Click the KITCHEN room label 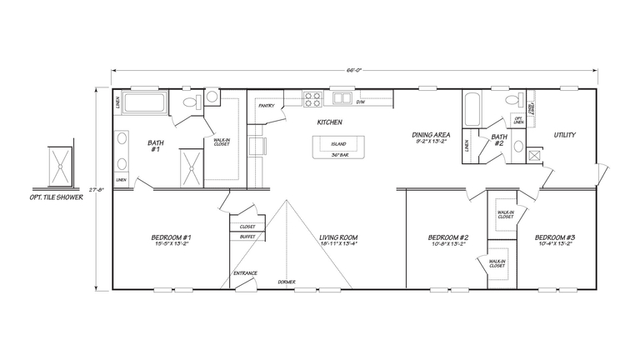(330, 122)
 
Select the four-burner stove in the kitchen (312, 100)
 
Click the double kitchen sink (342, 99)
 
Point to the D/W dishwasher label (361, 102)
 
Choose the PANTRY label (267, 106)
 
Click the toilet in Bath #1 (189, 101)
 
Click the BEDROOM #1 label (172, 238)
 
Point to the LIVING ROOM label (338, 238)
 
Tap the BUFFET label (247, 237)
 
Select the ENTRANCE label (245, 273)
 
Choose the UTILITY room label (564, 135)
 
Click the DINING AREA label (431, 133)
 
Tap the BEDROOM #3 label (555, 238)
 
